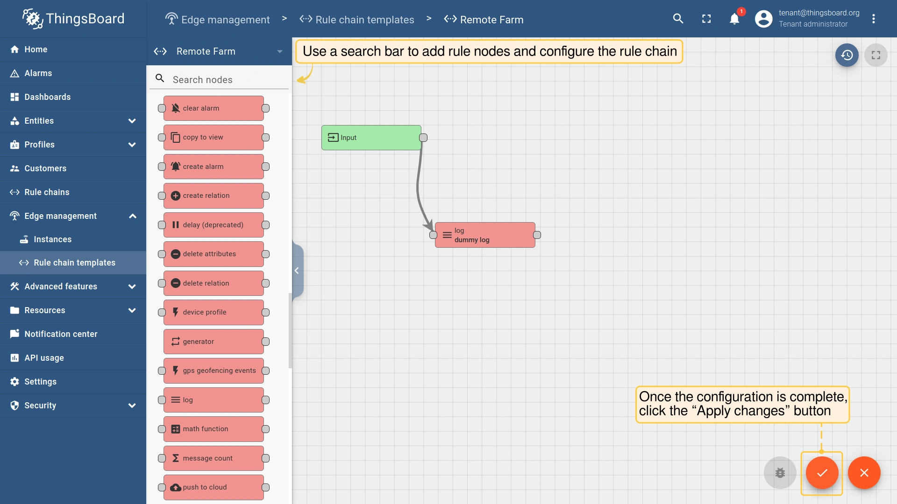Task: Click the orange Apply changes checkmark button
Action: pos(822,473)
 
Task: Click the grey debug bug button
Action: pos(780,473)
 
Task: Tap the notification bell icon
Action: pos(734,19)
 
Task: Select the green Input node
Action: pos(371,138)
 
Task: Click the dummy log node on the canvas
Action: pos(485,235)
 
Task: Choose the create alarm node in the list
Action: pos(214,167)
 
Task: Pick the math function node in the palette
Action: pos(214,429)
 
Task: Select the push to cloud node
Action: pos(214,487)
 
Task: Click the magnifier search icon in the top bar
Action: pos(678,19)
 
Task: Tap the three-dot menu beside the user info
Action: pos(874,19)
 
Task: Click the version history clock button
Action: pos(847,55)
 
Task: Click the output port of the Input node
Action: pos(423,138)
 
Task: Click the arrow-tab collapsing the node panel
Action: pos(298,271)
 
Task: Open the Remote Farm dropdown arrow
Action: pos(280,51)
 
